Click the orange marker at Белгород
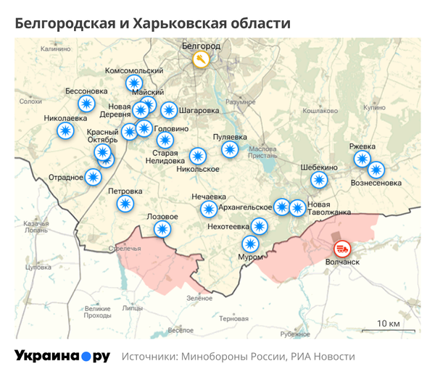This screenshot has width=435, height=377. click(202, 59)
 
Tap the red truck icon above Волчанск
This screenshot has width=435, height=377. click(342, 247)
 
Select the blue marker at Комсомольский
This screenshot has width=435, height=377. click(135, 83)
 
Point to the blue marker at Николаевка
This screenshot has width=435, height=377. click(65, 130)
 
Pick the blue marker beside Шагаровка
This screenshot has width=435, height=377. click(169, 110)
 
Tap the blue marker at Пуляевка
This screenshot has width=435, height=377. click(230, 149)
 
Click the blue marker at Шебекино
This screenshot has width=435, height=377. click(319, 180)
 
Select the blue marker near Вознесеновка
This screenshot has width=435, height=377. click(376, 170)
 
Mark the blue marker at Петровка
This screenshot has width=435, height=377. click(125, 204)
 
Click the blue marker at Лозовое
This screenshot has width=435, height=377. click(162, 229)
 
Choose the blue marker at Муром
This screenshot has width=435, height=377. click(250, 244)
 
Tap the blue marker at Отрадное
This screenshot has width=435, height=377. click(93, 176)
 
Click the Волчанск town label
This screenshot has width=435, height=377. click(342, 262)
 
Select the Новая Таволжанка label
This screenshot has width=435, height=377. click(329, 208)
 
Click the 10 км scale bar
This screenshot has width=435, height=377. click(389, 328)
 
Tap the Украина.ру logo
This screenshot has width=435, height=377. click(62, 357)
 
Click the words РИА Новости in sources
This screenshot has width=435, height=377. click(323, 357)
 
